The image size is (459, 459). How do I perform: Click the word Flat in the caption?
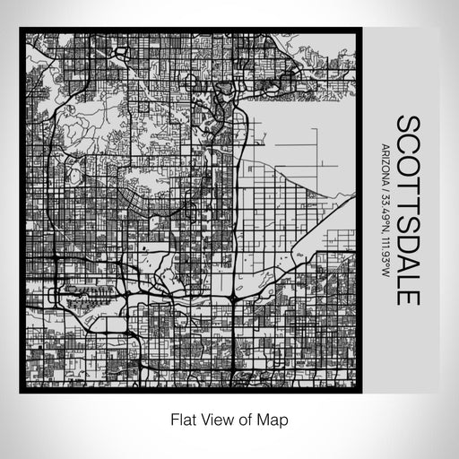pos(180,419)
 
